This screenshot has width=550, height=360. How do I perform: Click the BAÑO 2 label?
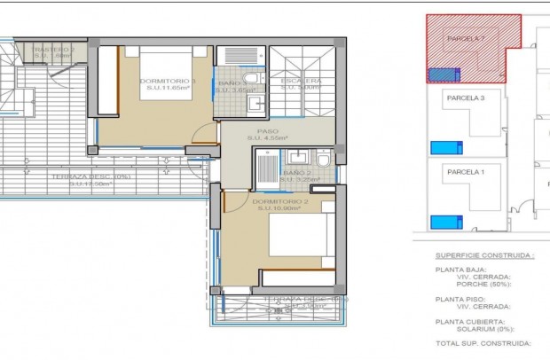pos(297,172)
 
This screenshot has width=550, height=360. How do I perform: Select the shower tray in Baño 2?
pos(266,166)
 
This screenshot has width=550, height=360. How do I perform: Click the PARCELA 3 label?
pos(466,98)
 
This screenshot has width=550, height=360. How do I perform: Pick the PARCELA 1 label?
pos(465,172)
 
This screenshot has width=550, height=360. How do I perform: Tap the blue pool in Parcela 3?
pos(440,146)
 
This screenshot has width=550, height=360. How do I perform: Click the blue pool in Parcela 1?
pos(440,221)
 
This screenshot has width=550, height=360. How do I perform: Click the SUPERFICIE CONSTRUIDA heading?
pos(483,254)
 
